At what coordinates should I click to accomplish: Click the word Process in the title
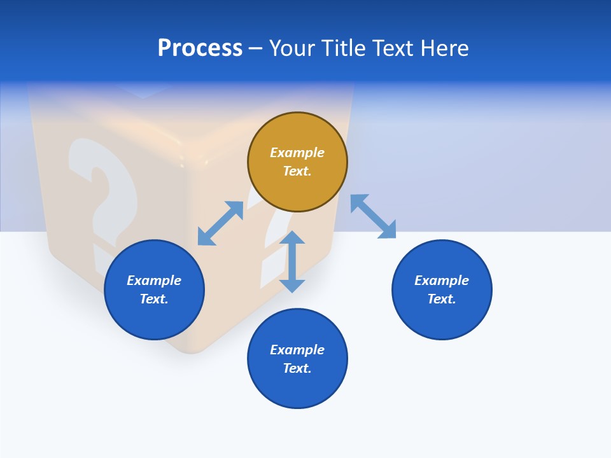point(200,48)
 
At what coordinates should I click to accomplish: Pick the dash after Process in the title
point(255,48)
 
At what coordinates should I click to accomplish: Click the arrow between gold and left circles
point(220,223)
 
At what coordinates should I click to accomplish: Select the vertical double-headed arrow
point(292,261)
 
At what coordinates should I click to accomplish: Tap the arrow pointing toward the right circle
point(373,216)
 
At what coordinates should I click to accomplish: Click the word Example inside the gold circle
point(297,153)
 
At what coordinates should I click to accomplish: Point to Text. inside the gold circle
point(297,171)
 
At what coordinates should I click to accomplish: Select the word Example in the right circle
point(442,281)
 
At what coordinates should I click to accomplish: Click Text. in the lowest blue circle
point(297,368)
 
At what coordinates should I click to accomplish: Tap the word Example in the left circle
point(154,281)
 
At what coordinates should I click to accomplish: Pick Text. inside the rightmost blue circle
point(442,299)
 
